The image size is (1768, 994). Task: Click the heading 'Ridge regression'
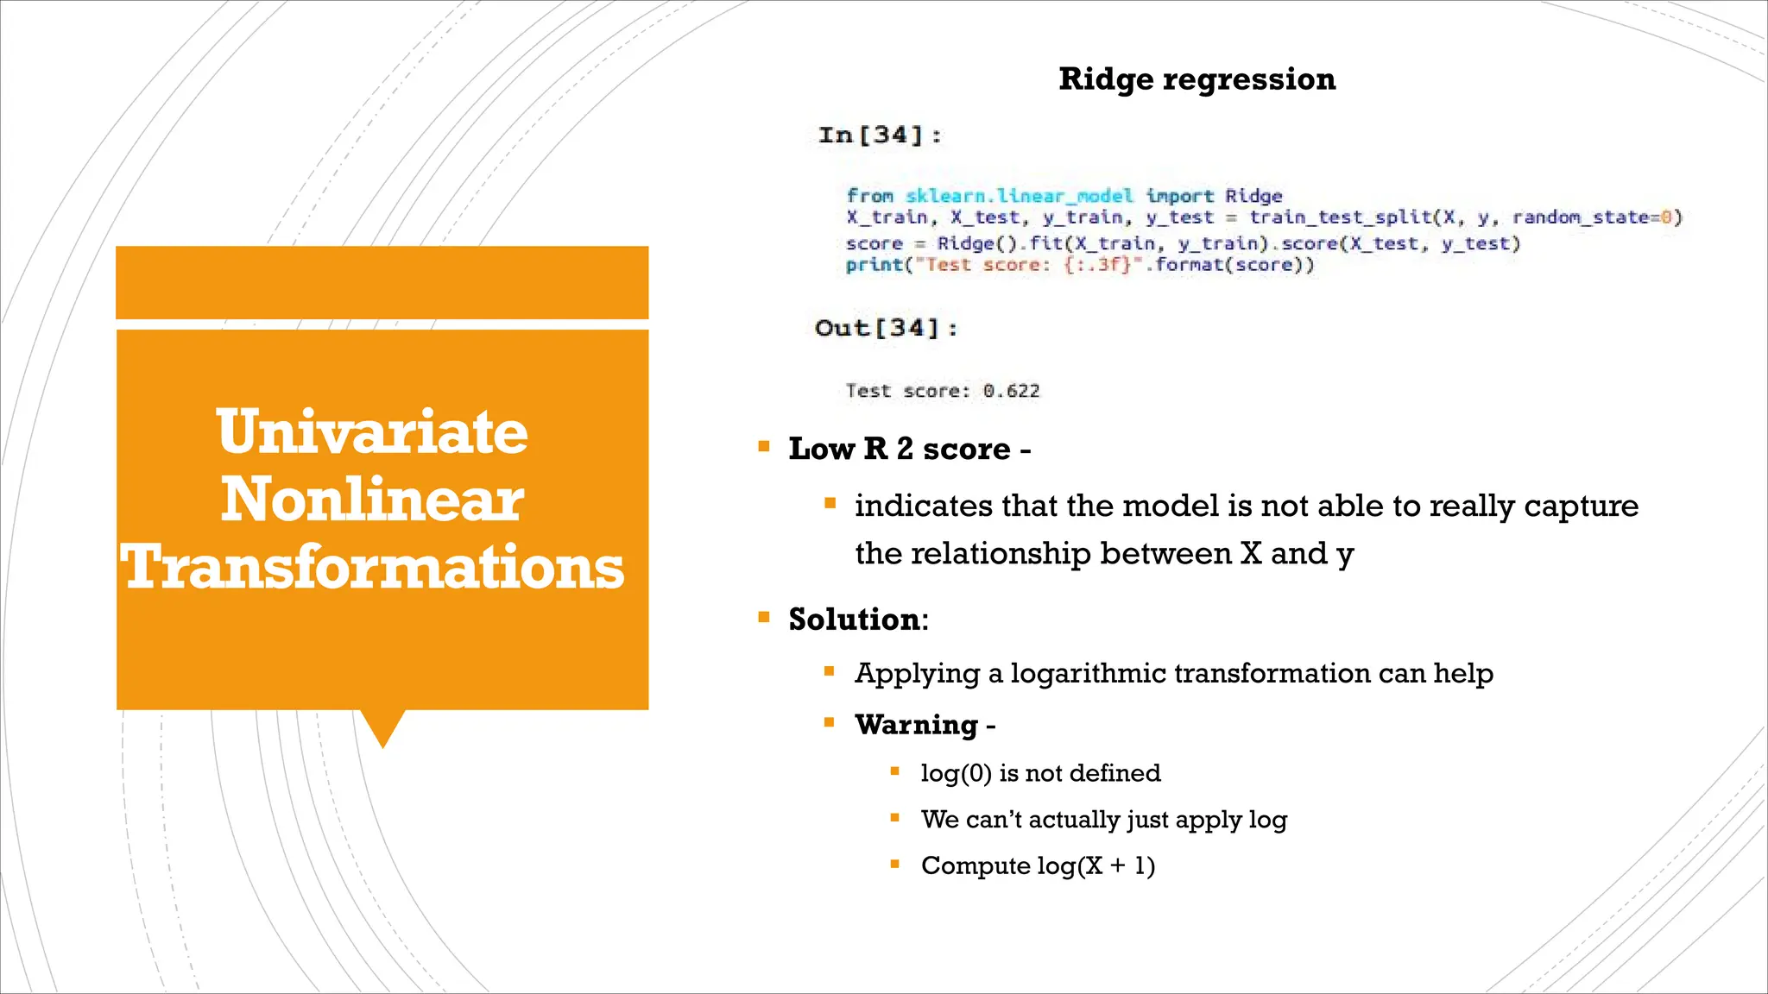pos(1197,79)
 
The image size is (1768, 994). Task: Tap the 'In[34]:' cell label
pos(880,135)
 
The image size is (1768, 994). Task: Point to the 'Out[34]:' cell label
pos(886,329)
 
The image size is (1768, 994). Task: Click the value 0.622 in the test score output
pos(1011,391)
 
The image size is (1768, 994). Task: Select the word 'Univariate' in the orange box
pos(372,431)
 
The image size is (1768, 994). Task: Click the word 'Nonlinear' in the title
pos(372,500)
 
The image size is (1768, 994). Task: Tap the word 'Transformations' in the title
pos(372,568)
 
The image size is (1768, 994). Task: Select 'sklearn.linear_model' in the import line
pos(1019,196)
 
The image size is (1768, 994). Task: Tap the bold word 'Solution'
pos(854,620)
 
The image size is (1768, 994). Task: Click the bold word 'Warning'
pos(916,725)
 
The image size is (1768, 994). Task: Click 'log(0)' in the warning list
pos(956,773)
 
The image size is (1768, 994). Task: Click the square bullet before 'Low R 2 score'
pos(764,447)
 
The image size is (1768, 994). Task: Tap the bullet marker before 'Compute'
pos(895,864)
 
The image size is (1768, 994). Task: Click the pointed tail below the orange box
pos(382,727)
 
